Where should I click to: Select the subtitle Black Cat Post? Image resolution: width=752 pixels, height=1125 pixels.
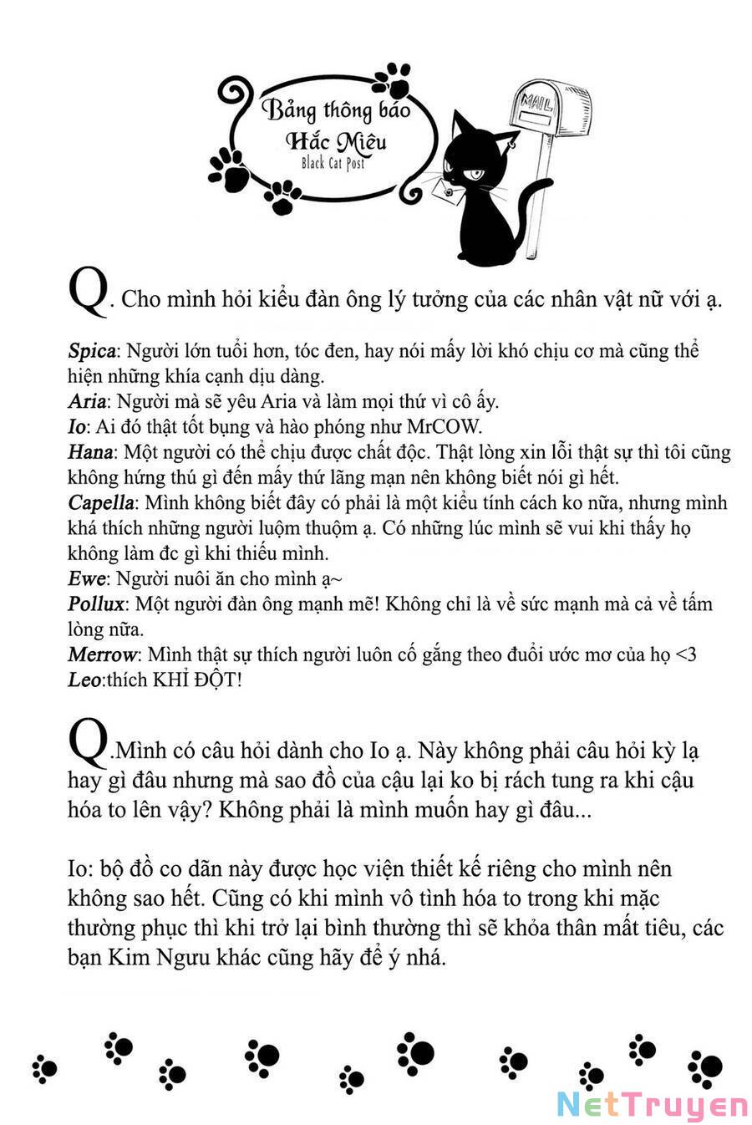[x=333, y=163]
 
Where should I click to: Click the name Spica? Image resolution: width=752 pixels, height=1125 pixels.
[x=94, y=351]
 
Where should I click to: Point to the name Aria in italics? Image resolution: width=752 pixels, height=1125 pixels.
[x=87, y=402]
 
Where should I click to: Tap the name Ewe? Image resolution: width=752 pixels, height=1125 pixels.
[x=87, y=578]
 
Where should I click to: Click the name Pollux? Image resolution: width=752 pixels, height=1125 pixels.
[x=96, y=604]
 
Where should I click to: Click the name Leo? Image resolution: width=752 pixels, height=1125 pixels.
[x=84, y=680]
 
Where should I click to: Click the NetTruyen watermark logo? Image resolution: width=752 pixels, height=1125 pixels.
[x=652, y=1105]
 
